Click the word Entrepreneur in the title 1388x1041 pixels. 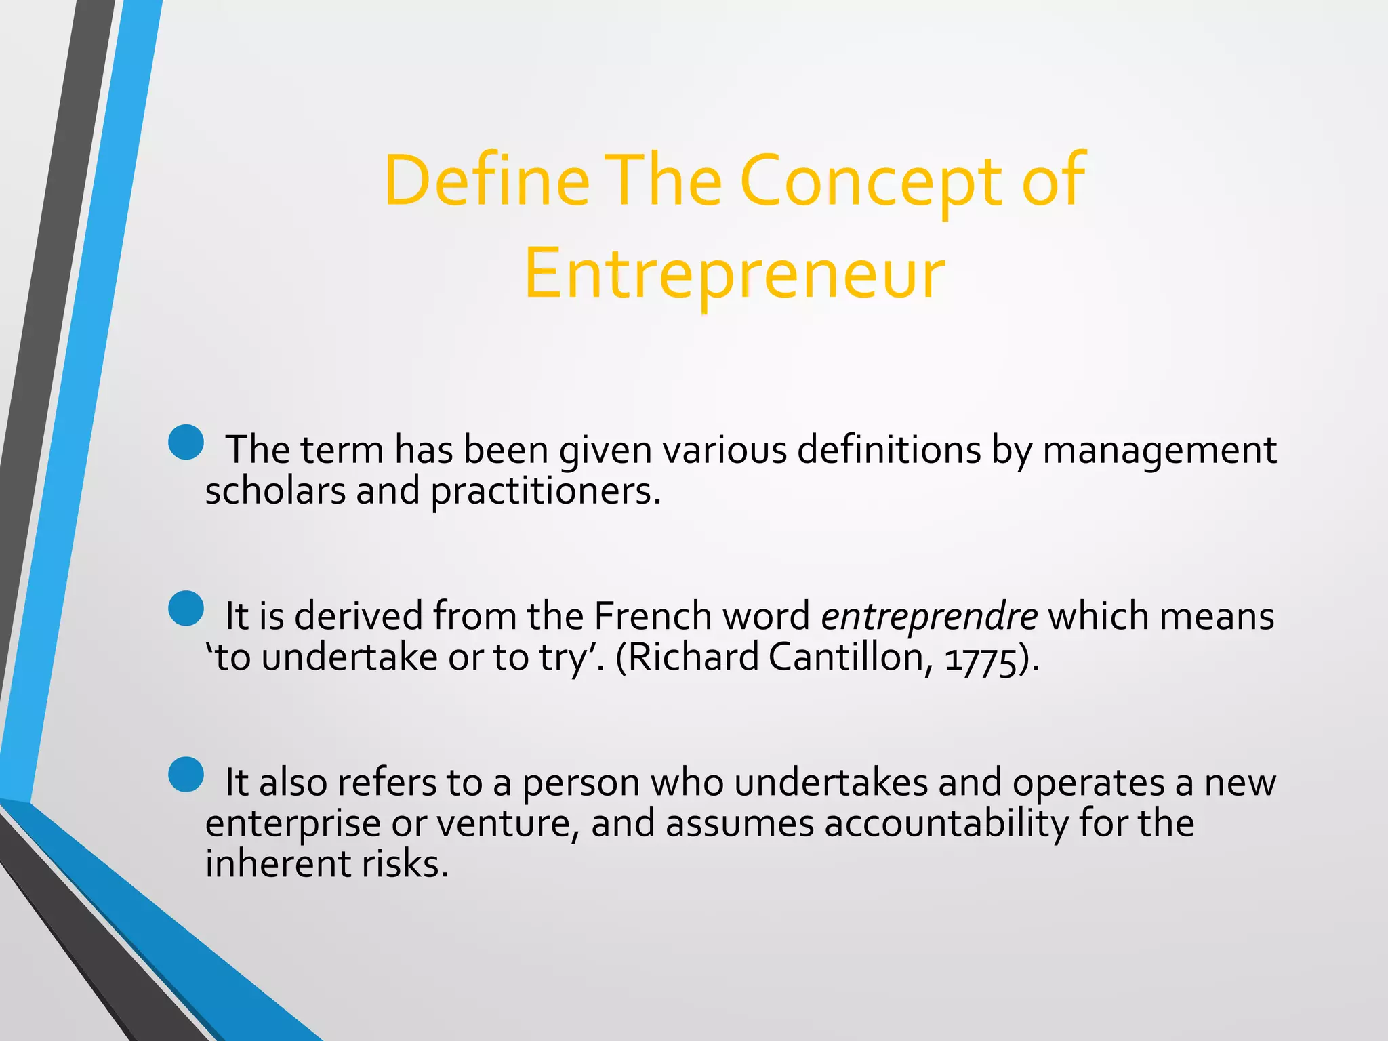click(734, 274)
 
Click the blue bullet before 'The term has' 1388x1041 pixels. click(186, 443)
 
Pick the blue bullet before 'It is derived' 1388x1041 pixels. click(186, 608)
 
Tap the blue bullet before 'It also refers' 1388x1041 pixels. click(186, 775)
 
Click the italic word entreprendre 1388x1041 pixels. click(929, 616)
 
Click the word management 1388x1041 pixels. click(1159, 450)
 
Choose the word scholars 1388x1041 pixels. click(274, 491)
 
